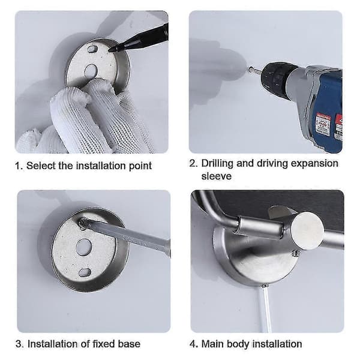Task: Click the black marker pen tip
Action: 111,49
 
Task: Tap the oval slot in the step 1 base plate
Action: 92,49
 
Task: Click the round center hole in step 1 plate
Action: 91,70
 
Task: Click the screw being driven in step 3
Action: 82,223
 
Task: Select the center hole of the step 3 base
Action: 83,247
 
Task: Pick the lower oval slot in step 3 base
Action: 85,272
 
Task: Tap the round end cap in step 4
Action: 308,230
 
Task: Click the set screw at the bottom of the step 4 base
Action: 265,286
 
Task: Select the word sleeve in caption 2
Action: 216,176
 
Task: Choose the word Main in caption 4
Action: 212,344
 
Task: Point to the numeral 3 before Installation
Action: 19,344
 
